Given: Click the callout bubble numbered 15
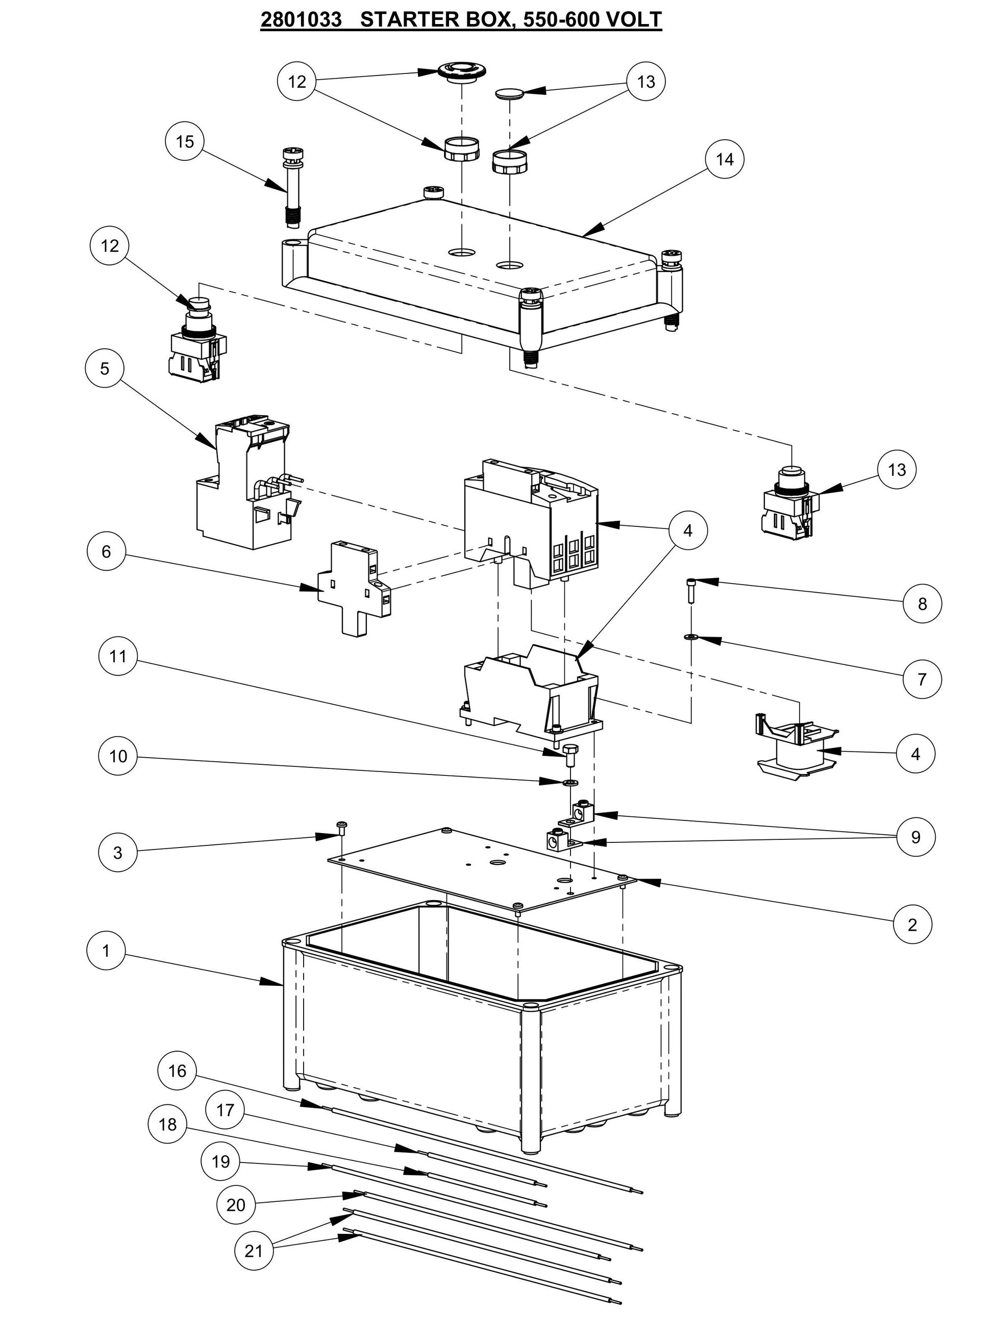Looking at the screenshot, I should tap(185, 141).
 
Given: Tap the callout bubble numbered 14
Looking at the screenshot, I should tap(725, 159).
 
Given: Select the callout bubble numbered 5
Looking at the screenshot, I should tap(105, 369).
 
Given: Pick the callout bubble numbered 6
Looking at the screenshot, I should tap(106, 551).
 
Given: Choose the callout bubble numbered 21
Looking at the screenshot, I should tap(254, 1251).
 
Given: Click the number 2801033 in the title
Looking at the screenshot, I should tap(301, 19).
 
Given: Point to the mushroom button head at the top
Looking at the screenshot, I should tap(460, 69).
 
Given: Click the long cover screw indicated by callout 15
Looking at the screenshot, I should tap(291, 187).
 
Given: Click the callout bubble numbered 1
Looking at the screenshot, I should tap(106, 951).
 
